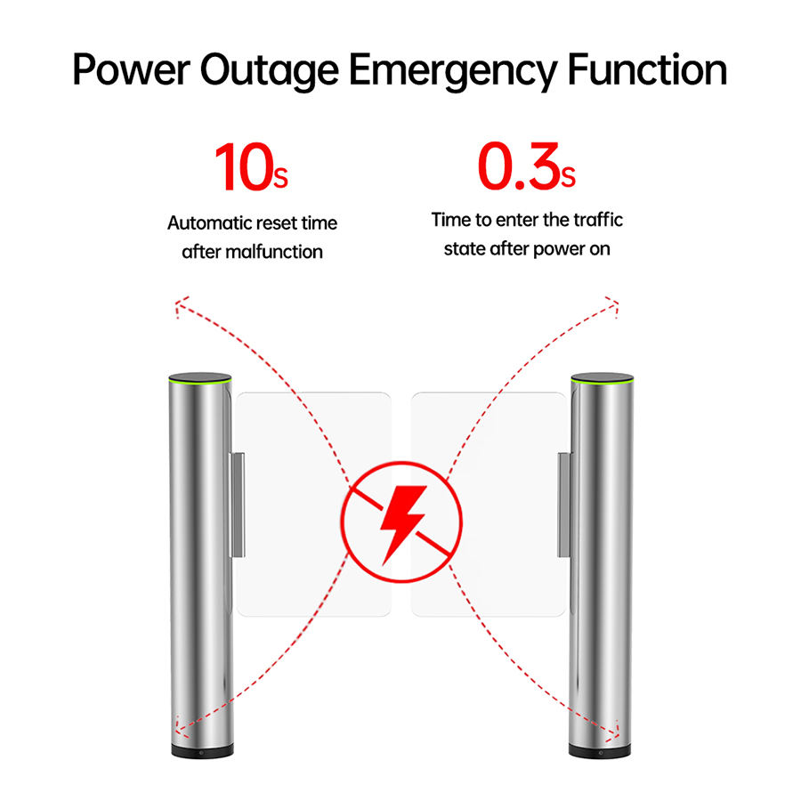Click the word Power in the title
click(130, 70)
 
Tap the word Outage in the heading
click(268, 70)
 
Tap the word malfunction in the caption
click(274, 252)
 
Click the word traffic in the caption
click(591, 219)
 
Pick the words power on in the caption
click(571, 248)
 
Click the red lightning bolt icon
click(401, 522)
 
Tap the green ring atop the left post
click(199, 381)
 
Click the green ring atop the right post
click(601, 381)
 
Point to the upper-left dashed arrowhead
click(180, 308)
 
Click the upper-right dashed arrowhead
click(613, 304)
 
